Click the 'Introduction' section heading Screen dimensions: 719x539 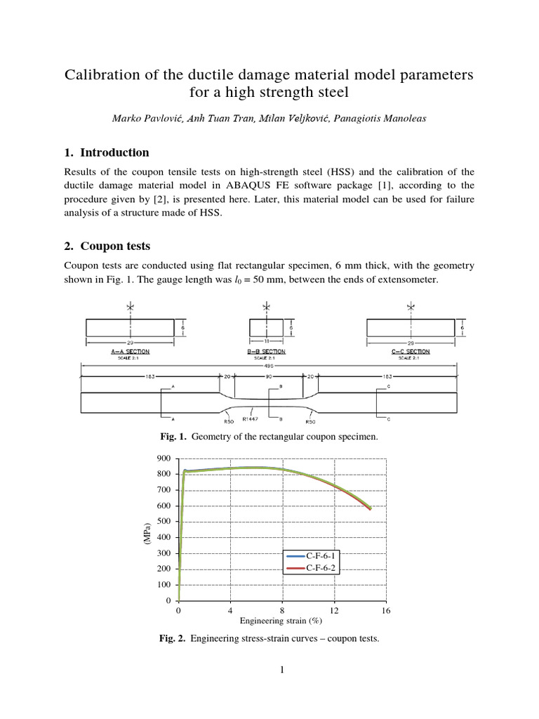click(114, 152)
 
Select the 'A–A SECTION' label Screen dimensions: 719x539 click(130, 350)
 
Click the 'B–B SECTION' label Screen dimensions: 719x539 click(267, 350)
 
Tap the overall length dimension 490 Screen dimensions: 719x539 click(269, 365)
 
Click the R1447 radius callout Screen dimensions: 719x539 click(251, 419)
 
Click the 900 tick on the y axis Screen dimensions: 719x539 click(164, 458)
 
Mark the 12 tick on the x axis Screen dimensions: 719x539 click(334, 611)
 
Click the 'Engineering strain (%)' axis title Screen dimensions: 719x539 click(281, 621)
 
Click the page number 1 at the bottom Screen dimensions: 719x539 click(282, 670)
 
